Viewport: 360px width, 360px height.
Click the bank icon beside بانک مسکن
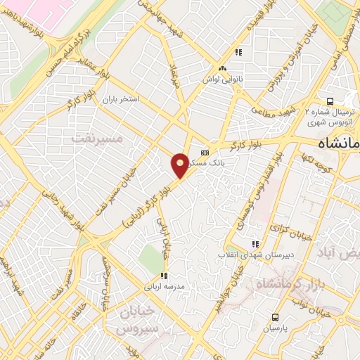pyautogui.click(x=205, y=152)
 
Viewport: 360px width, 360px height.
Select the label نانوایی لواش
pyautogui.click(x=224, y=79)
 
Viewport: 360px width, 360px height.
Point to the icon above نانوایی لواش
pyautogui.click(x=223, y=68)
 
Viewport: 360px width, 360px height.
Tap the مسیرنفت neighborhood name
pyautogui.click(x=97, y=139)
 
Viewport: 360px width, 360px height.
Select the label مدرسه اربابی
pyautogui.click(x=164, y=287)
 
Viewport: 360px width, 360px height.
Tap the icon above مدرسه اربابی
pyautogui.click(x=164, y=276)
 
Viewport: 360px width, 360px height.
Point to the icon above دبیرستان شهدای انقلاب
pyautogui.click(x=255, y=243)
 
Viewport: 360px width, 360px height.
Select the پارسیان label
pyautogui.click(x=276, y=328)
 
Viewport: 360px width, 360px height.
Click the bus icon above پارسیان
pyautogui.click(x=276, y=316)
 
